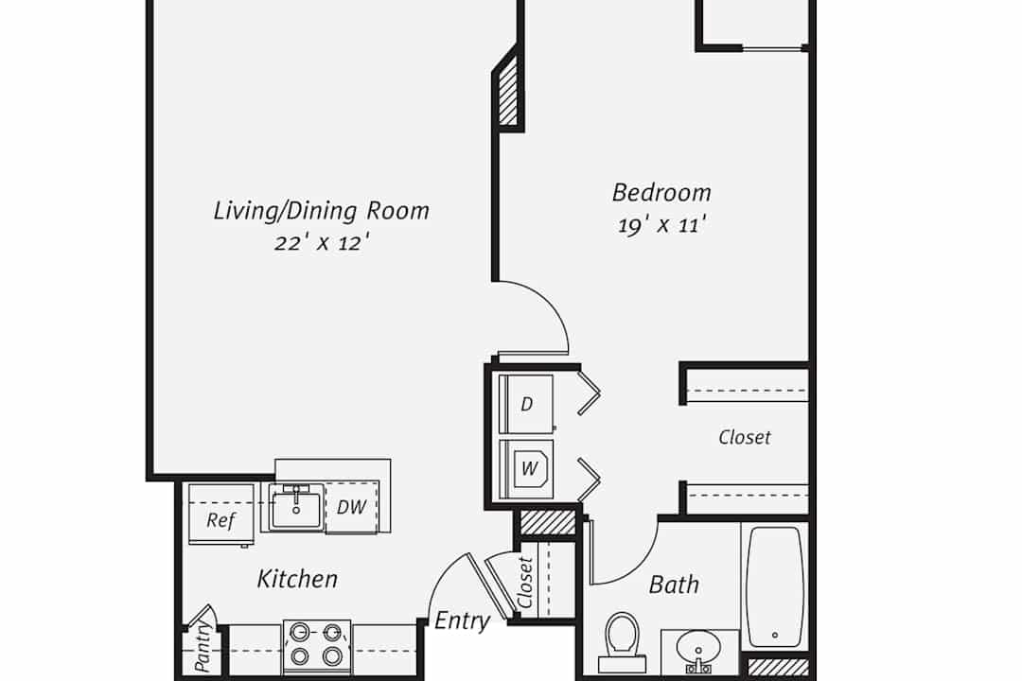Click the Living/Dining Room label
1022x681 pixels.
322,211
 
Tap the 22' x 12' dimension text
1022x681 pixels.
322,243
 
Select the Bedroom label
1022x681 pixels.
661,192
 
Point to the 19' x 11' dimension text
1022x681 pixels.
662,225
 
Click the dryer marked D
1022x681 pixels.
526,404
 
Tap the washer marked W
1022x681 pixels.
526,468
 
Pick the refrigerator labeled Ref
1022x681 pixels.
220,515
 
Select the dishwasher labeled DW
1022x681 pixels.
352,507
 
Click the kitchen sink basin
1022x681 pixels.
296,509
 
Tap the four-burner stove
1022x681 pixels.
317,647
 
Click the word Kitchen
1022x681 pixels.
297,579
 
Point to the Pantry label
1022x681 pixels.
203,647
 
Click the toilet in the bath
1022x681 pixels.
623,642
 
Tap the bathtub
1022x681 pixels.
774,587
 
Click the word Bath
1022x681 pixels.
674,585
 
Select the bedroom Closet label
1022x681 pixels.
745,437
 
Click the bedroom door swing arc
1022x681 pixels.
552,305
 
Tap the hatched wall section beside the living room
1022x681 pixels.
508,92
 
